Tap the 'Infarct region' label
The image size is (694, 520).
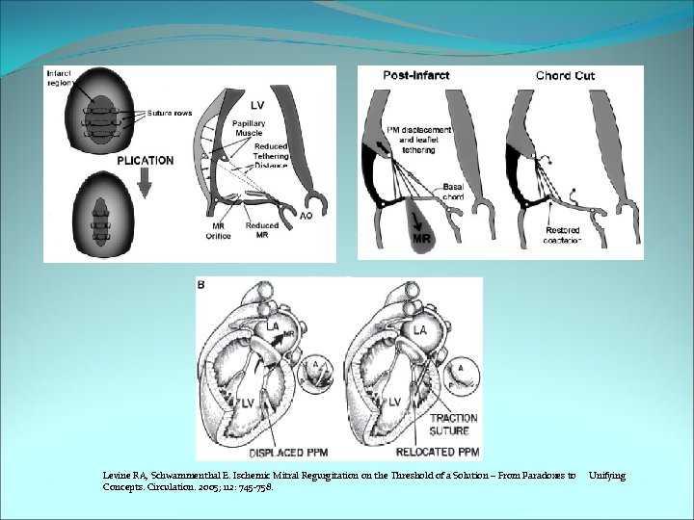tap(60, 78)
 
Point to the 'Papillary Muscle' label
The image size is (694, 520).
tap(250, 128)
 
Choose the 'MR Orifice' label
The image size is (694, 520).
tap(218, 231)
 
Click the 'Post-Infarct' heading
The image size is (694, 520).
tap(415, 75)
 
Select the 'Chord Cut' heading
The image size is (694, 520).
tap(565, 75)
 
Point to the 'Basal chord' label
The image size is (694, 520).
tap(453, 192)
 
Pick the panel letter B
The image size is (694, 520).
tap(200, 284)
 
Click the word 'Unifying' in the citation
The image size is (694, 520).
tap(606, 476)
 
